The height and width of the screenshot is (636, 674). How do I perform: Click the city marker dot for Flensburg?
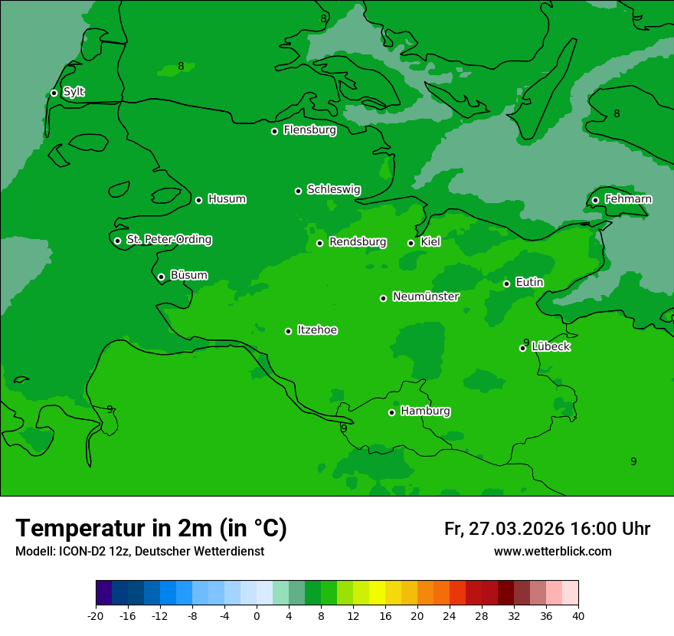pos(274,131)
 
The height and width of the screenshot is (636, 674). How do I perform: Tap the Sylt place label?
pos(74,92)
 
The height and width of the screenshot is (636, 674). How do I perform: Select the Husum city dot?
pos(198,200)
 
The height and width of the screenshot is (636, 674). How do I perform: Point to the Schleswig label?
pos(333,189)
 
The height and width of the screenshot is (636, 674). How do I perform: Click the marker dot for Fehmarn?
pos(595,200)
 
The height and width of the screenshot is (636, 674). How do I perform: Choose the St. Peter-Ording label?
pos(168,239)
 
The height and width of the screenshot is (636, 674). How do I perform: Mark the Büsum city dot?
pos(161,277)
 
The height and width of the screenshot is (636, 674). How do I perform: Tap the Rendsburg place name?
pos(357,242)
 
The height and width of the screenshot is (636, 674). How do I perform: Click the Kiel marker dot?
pos(411,243)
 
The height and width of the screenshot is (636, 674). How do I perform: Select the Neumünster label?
pos(425,297)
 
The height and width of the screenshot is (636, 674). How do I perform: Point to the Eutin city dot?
pos(506,284)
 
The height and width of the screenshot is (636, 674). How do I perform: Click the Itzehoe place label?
pos(317,330)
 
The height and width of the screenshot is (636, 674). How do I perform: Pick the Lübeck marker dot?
pos(522,348)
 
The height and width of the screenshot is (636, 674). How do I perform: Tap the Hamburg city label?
pos(425,411)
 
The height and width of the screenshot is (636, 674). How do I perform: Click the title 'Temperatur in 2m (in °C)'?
pos(151,528)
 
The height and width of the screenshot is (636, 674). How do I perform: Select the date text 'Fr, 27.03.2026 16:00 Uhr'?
pos(547,529)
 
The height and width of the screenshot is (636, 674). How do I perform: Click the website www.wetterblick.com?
pos(552,552)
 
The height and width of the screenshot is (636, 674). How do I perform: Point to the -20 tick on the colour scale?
pos(96,616)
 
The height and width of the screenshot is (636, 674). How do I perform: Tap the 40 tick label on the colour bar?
pos(578,616)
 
